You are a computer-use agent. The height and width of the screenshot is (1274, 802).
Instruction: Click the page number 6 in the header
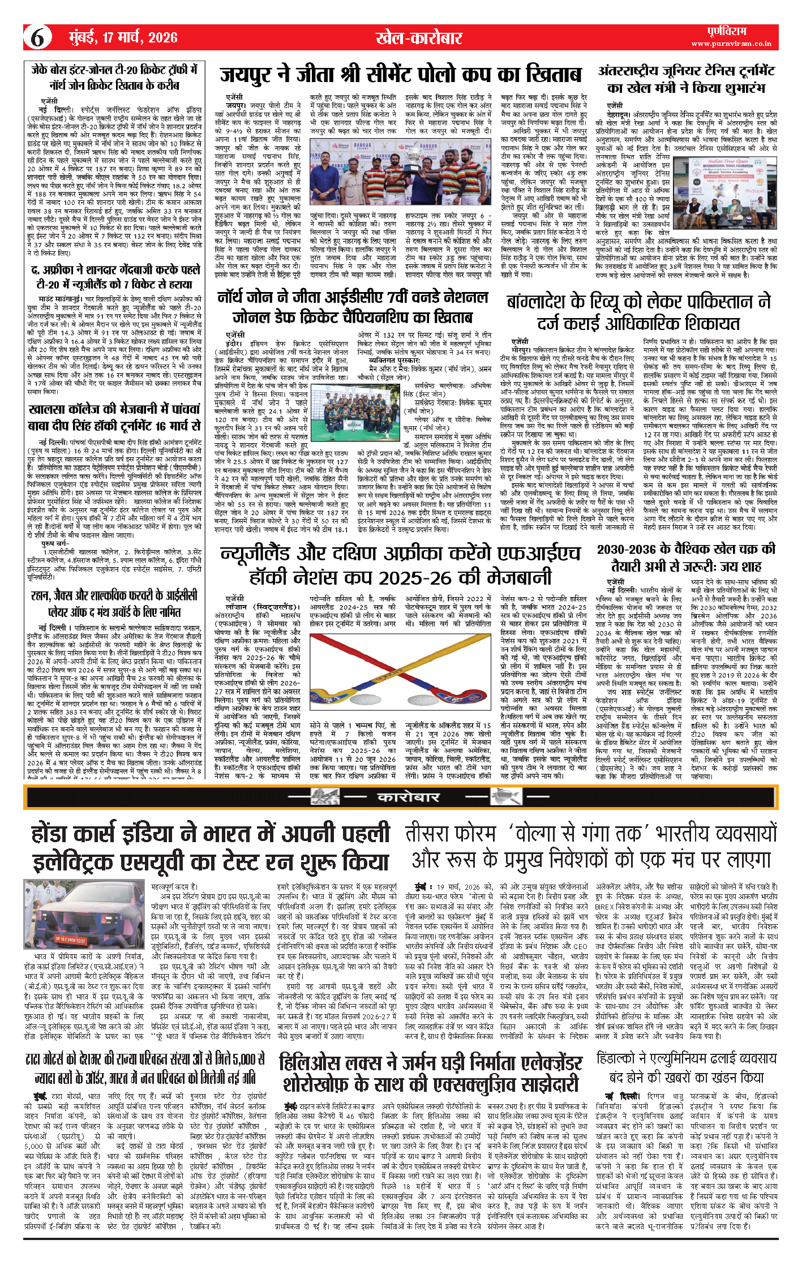click(37, 38)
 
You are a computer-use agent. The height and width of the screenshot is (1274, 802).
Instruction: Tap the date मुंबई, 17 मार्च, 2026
click(123, 38)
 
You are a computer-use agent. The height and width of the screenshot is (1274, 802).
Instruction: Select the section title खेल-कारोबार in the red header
click(419, 38)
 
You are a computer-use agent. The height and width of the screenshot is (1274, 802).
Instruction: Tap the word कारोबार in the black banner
click(408, 797)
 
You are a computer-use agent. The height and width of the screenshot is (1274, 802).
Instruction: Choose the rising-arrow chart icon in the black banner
click(505, 797)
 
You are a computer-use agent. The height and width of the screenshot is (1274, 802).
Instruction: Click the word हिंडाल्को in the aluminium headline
click(621, 1058)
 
